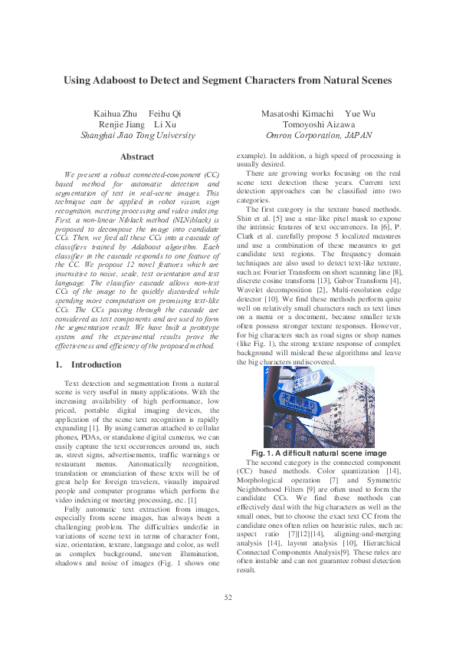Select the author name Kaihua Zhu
pos(113,114)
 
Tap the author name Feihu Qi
pos(165,114)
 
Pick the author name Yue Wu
pos(360,114)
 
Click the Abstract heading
pos(137,157)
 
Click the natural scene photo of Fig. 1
pos(320,407)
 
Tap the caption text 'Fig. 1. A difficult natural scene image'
pos(320,453)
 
